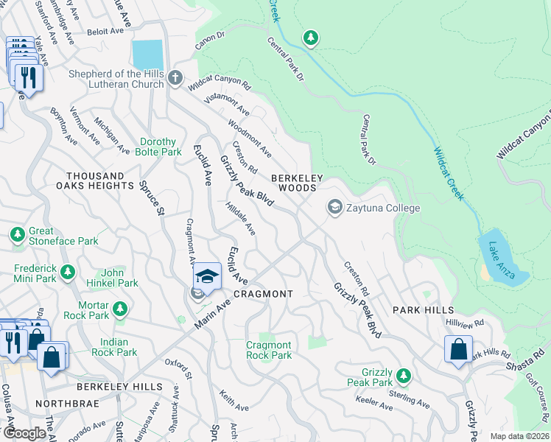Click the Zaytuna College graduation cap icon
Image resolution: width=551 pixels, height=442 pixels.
pos(335,208)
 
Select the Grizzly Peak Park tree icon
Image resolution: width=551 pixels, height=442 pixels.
pos(403,376)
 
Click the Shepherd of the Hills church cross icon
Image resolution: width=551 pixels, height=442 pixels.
pos(175,77)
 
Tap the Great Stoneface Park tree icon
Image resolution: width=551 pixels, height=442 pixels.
pos(18,235)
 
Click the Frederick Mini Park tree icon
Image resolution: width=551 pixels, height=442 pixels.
pos(68,273)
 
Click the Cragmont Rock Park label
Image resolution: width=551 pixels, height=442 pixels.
pos(269,350)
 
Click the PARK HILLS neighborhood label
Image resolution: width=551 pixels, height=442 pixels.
pos(423,310)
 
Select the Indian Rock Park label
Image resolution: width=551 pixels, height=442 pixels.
pos(114,347)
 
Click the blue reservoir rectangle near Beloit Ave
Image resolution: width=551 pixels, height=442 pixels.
pos(147,54)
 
